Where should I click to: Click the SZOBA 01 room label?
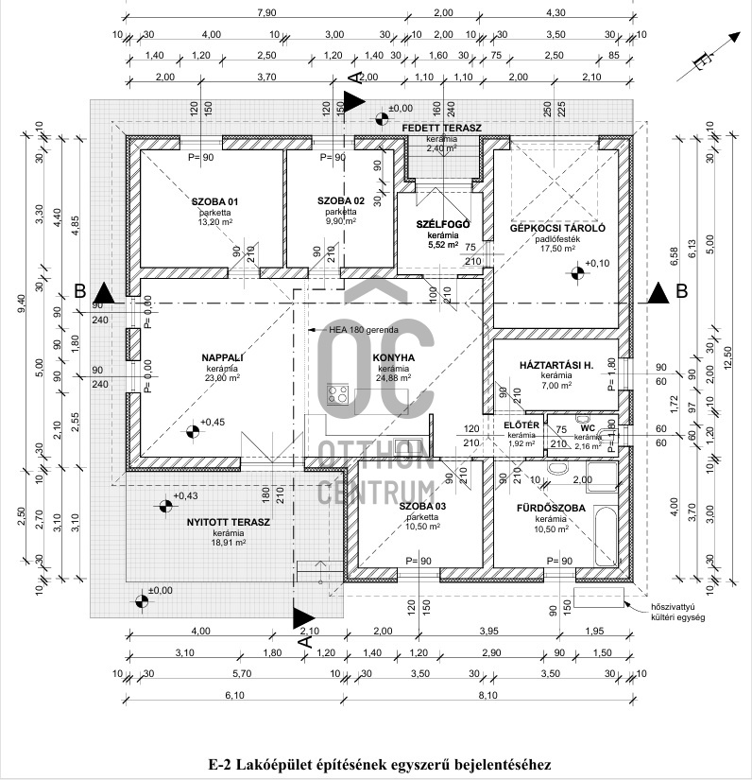(x=215, y=201)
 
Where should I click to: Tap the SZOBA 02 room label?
(x=341, y=201)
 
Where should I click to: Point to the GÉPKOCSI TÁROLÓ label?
(x=557, y=229)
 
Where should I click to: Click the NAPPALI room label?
(x=223, y=357)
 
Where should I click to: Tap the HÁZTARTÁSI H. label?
(x=556, y=366)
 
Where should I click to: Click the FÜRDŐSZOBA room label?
(x=550, y=508)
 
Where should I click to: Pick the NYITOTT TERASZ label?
(x=214, y=522)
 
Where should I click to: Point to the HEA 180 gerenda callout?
(x=364, y=330)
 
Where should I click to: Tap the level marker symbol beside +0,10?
(x=576, y=274)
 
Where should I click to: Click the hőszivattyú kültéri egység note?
(x=673, y=610)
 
